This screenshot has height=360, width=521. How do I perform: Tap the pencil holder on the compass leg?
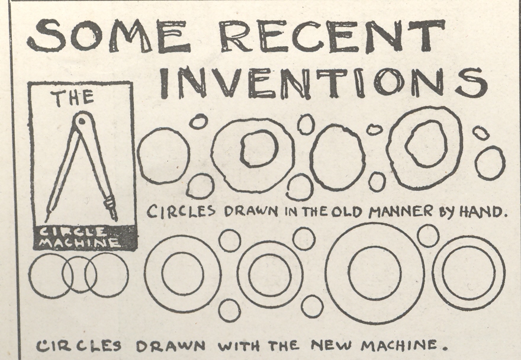pos(111,205)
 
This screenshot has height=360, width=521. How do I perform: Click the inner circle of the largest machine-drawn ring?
pos(374,273)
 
